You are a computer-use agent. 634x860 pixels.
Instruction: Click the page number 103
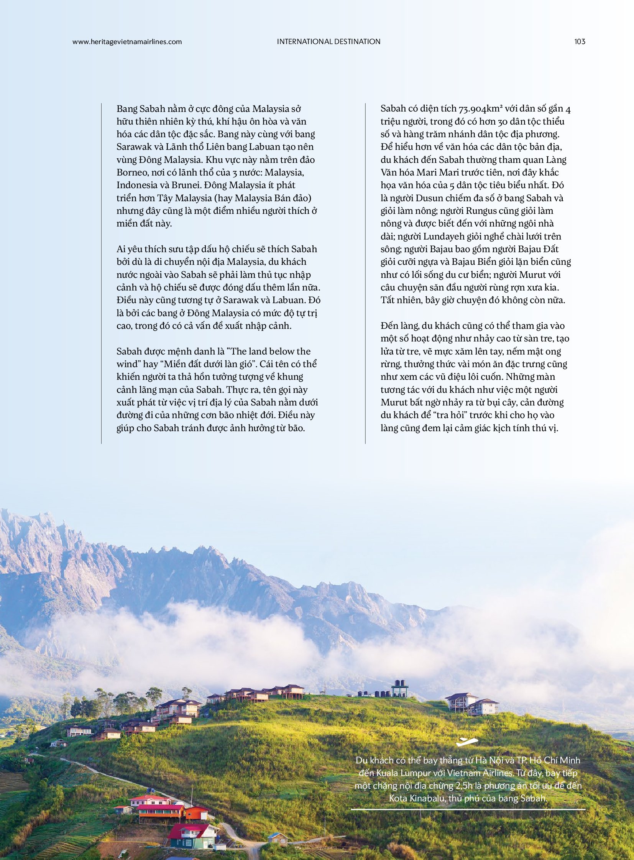pos(580,41)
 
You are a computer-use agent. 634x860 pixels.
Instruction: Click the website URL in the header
pos(127,42)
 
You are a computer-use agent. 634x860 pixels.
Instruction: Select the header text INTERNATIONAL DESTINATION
pos(328,41)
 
